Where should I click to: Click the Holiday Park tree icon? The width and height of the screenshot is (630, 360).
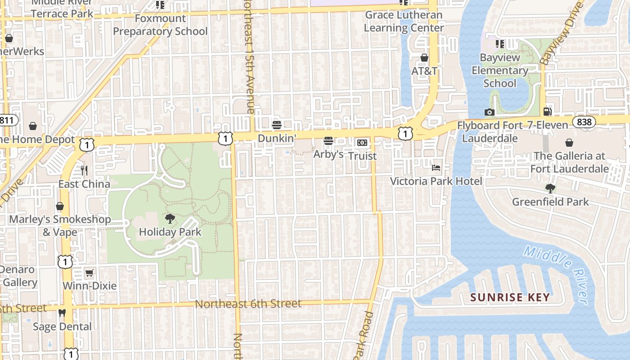(x=170, y=219)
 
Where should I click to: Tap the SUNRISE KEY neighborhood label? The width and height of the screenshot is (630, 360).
(x=510, y=297)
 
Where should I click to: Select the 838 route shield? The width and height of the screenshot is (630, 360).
(x=584, y=121)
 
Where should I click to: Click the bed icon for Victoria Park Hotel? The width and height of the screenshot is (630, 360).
(x=436, y=168)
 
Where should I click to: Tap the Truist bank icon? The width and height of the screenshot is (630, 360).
(x=362, y=143)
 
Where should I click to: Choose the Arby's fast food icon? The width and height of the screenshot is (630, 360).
(x=328, y=141)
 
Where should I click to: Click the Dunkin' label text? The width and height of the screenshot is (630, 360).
(x=277, y=138)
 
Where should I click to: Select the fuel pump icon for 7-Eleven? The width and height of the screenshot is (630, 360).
(x=547, y=111)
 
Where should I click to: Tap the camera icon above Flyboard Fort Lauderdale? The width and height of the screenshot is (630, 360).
(x=490, y=112)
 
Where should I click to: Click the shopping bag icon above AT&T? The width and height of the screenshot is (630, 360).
(x=424, y=58)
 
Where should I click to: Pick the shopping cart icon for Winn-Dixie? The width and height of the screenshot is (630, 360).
(x=89, y=273)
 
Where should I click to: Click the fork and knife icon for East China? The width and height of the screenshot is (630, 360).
(x=84, y=171)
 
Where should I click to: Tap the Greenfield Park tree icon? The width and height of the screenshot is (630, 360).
(x=550, y=189)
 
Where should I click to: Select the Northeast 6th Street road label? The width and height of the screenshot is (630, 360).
(x=248, y=304)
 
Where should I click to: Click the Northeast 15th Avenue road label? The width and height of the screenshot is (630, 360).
(x=248, y=56)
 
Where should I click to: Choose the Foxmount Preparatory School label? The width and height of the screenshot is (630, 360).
(x=160, y=25)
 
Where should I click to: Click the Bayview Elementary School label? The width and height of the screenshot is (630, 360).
(x=499, y=71)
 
